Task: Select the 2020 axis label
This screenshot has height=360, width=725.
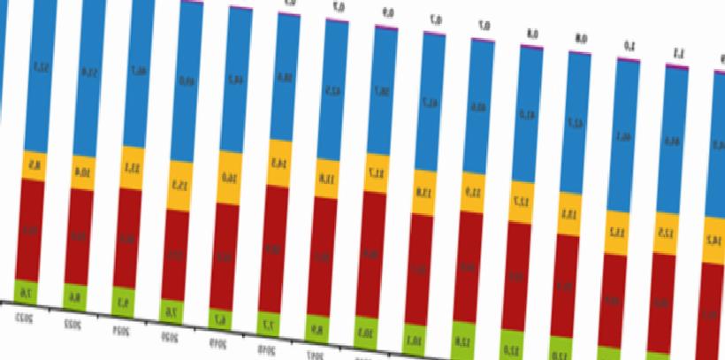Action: (x=170, y=337)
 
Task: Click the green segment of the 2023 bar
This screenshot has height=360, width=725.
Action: (x=27, y=291)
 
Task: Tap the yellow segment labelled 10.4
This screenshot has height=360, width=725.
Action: (x=84, y=172)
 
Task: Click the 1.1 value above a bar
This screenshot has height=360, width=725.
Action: (x=679, y=51)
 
